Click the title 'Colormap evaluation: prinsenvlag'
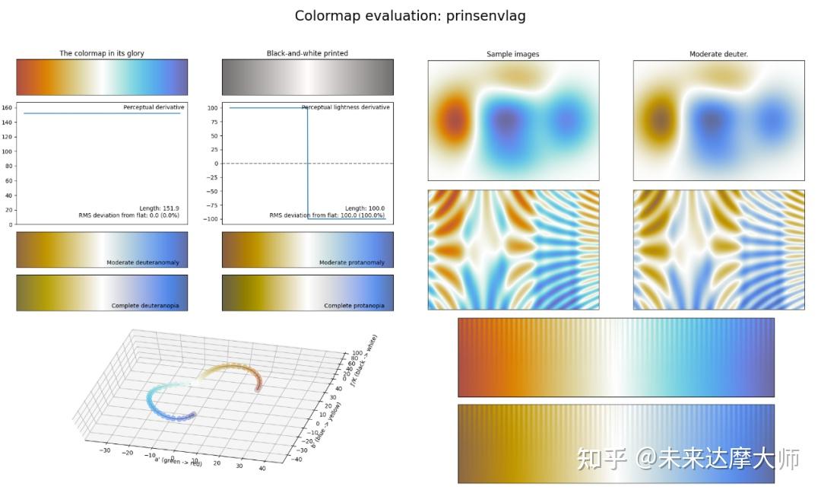pyautogui.click(x=410, y=16)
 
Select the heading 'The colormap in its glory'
pyautogui.click(x=102, y=53)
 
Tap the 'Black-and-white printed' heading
pyautogui.click(x=307, y=53)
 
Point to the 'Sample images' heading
pyautogui.click(x=513, y=54)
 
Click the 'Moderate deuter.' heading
pyautogui.click(x=718, y=54)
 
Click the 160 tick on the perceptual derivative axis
pyautogui.click(x=7, y=107)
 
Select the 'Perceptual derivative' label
pyautogui.click(x=154, y=107)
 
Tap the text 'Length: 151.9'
pyautogui.click(x=162, y=208)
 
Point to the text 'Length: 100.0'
pyautogui.click(x=365, y=208)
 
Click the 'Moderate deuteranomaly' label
pyautogui.click(x=143, y=262)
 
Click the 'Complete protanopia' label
pyautogui.click(x=353, y=306)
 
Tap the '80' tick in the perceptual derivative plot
pyautogui.click(x=8, y=166)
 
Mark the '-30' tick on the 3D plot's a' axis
pyautogui.click(x=105, y=450)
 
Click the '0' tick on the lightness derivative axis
pyautogui.click(x=216, y=164)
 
